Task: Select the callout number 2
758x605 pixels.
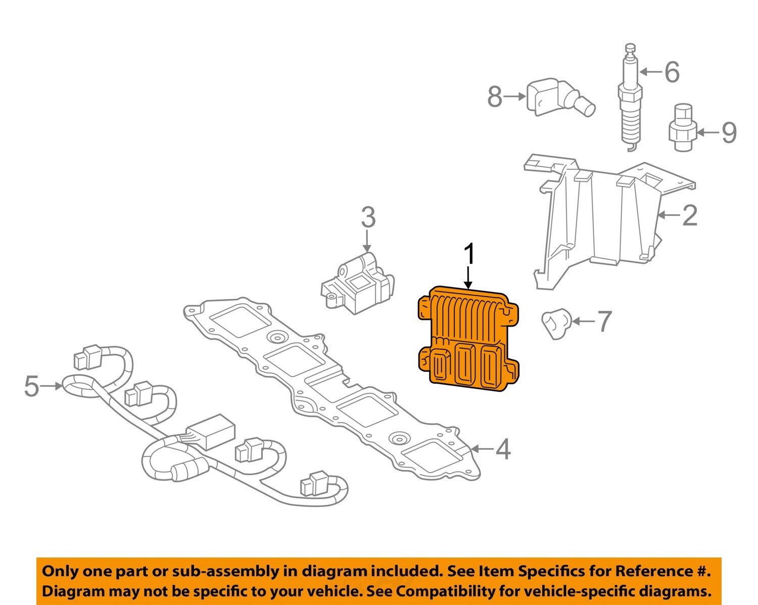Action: [690, 215]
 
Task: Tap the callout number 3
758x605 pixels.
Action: [368, 218]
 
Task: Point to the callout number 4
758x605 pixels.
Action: [503, 449]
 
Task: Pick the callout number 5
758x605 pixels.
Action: [31, 387]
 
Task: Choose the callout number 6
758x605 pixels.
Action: [672, 72]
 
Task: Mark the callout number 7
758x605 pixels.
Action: [604, 321]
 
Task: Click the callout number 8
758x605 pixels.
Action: [495, 97]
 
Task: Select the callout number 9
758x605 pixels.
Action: [728, 133]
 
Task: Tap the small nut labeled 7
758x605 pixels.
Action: [556, 324]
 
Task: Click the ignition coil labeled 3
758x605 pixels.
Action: [358, 285]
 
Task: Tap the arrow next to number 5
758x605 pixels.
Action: [51, 386]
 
